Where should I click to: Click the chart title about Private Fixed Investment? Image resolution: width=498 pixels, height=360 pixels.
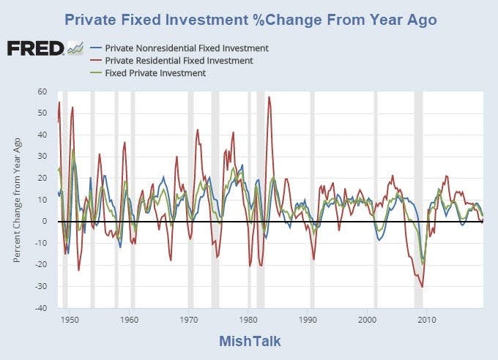coord(250,19)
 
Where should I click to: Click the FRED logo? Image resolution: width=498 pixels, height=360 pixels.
coord(35,49)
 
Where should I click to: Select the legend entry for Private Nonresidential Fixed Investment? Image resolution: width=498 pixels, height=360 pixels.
coord(186,48)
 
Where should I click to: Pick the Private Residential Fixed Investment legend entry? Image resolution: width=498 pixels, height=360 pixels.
coord(180,61)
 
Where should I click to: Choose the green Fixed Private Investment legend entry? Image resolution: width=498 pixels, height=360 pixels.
coord(155,73)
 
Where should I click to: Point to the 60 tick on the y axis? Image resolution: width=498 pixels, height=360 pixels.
coord(42,92)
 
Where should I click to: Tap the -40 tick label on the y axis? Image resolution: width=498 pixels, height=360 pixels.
coord(41,308)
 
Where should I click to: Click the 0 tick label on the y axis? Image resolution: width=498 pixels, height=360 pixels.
coord(45,222)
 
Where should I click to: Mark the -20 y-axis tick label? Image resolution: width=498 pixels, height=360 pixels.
coord(41,265)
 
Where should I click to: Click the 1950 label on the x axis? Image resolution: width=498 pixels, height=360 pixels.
coord(70,319)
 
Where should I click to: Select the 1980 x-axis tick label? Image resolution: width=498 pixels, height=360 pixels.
coord(248,319)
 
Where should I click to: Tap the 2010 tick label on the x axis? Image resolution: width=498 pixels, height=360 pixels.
coord(428,319)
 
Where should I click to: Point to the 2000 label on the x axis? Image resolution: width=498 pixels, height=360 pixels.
coord(368,319)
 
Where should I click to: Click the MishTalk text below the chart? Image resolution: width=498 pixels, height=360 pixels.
coord(250,342)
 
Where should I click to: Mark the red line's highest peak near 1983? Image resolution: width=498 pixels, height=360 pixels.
coord(269,97)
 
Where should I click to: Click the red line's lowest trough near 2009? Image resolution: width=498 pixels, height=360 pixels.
coord(422,287)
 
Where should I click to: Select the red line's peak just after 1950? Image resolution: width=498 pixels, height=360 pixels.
coord(73,108)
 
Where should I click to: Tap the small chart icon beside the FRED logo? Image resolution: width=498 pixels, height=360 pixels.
coord(75,49)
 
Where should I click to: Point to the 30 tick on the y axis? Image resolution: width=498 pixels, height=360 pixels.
coord(42,157)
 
